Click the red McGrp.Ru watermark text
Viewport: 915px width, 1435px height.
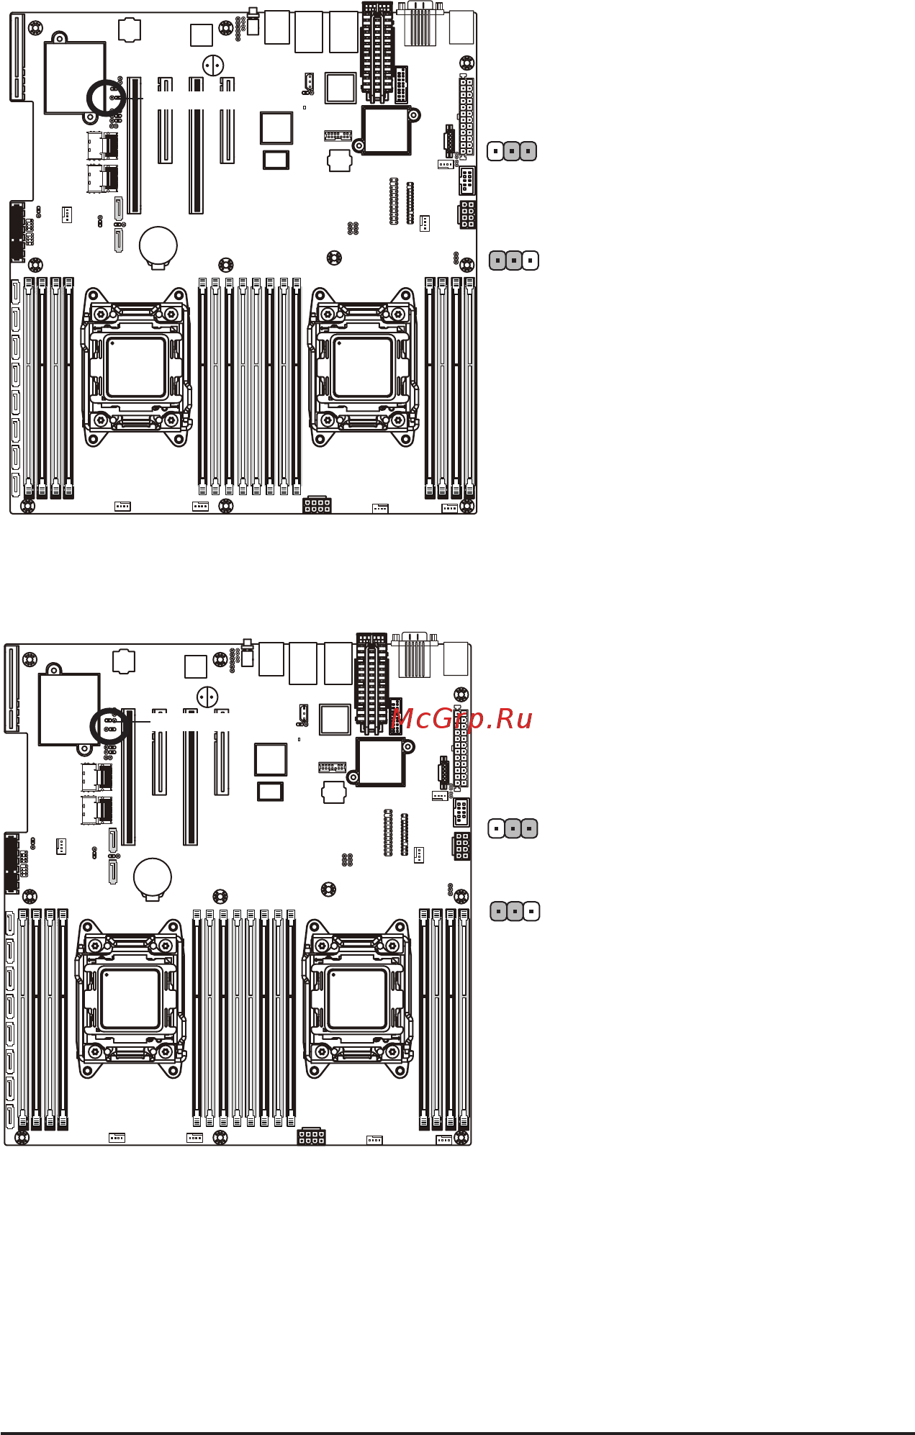461,719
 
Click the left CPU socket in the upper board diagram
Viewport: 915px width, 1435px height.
135,368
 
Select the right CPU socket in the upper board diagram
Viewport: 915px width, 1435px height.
363,368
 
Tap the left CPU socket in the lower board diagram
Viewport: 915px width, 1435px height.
130,999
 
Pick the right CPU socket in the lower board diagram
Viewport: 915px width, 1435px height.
357,999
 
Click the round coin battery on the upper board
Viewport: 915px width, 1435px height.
158,245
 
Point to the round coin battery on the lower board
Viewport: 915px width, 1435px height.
153,877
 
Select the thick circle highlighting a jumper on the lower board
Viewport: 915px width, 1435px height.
109,727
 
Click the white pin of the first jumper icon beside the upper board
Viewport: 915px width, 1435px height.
495,152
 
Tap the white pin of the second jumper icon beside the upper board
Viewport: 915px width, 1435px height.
531,261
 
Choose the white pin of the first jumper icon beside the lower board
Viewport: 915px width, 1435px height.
496,829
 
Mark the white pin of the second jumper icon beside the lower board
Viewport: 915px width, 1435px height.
531,911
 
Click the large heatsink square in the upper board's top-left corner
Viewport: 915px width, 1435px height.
75,78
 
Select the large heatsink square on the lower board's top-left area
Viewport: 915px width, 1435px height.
69,709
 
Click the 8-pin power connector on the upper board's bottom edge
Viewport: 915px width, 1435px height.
317,504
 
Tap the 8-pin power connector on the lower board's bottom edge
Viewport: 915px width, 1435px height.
311,1136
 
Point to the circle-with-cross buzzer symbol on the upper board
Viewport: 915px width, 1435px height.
212,65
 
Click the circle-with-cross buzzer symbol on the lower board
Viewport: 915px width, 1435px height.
207,697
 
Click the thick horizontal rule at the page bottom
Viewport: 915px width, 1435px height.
457,1432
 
